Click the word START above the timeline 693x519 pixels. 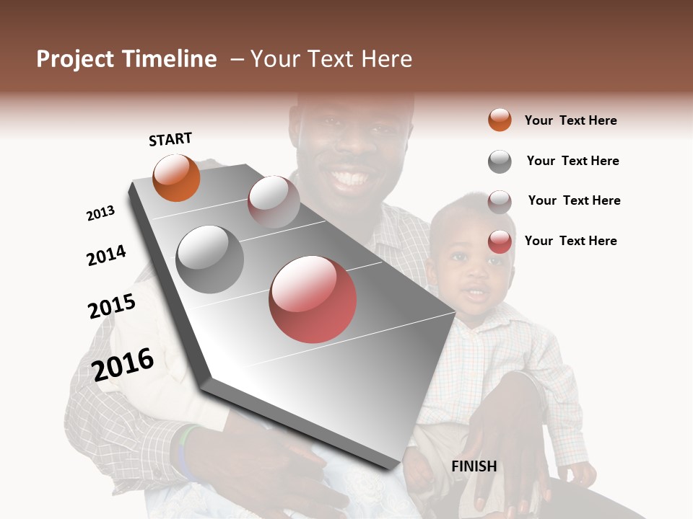click(170, 139)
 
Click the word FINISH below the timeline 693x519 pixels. click(474, 466)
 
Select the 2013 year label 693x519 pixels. click(100, 213)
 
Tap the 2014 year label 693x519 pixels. click(106, 255)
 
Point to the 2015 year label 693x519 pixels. click(112, 306)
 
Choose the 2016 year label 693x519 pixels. click(123, 364)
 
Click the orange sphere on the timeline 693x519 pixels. click(176, 177)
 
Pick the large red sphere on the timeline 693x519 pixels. click(313, 299)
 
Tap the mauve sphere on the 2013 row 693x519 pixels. click(274, 202)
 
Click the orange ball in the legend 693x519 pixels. click(500, 120)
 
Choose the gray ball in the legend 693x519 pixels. click(500, 161)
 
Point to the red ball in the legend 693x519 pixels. click(500, 241)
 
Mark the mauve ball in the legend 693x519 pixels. click(500, 201)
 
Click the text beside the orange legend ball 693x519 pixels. click(570, 120)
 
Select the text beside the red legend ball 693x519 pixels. click(570, 241)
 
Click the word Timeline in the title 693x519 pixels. click(170, 59)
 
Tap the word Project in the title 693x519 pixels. click(75, 59)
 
